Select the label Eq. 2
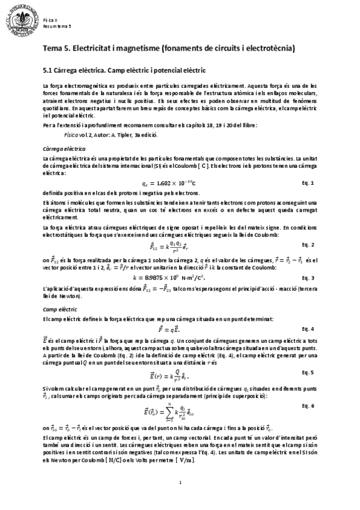pyautogui.click(x=308, y=245)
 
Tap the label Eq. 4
pyautogui.click(x=308, y=328)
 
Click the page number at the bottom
pyautogui.click(x=180, y=482)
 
